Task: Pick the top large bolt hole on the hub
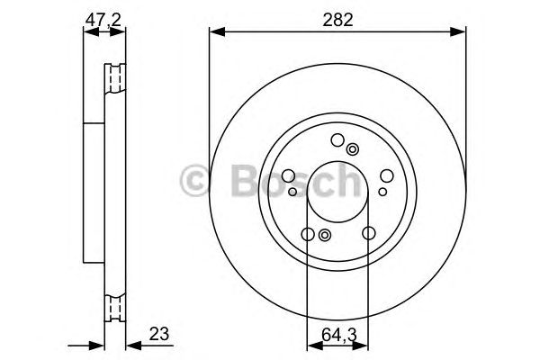point(337,140)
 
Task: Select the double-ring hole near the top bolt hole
point(352,150)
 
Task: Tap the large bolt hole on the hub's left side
point(289,177)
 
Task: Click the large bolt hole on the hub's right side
point(386,177)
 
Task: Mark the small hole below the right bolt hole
point(381,191)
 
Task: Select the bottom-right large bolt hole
point(368,234)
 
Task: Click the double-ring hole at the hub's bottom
point(325,236)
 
